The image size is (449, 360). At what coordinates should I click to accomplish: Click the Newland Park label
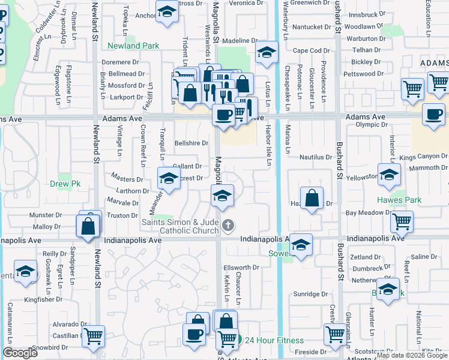coord(133,46)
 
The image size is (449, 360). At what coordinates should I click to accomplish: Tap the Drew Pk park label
coord(61,185)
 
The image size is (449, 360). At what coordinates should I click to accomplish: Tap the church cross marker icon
coord(228,226)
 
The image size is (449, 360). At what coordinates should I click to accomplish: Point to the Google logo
coord(20,353)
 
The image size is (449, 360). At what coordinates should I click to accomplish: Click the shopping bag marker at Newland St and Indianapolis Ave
coord(88,227)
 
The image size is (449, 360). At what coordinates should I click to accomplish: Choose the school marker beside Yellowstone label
coord(389,175)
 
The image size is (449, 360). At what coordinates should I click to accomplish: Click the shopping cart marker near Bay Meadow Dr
coord(402,221)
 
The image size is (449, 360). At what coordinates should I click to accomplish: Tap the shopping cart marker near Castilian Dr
coord(93,337)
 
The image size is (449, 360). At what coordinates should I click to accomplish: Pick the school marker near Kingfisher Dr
coord(25,271)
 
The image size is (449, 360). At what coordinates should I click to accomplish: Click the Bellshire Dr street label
coord(191,143)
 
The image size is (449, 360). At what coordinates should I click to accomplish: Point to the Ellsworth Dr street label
coord(241,268)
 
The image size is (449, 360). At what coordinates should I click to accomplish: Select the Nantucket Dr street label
coord(312,26)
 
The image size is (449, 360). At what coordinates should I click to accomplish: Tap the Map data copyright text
coord(412,355)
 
